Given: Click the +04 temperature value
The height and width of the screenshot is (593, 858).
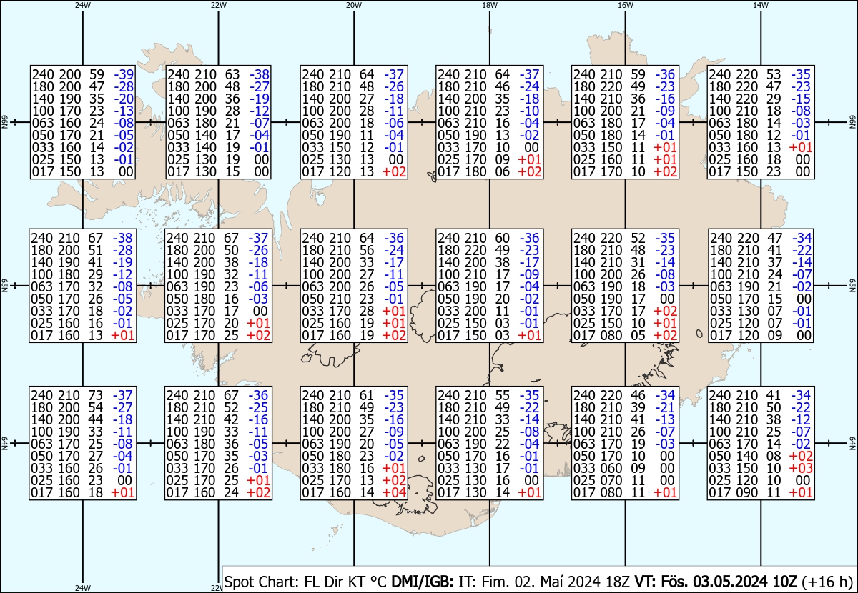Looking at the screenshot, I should point(395,492).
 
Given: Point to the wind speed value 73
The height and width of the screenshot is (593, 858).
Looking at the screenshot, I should point(96,394).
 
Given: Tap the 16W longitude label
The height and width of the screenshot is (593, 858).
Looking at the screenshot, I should point(625,5).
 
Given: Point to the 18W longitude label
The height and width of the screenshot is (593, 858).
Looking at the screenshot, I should point(489,5).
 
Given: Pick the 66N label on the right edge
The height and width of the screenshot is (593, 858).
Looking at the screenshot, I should point(853,124).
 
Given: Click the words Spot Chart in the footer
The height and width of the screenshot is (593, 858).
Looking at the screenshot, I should point(257,581).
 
